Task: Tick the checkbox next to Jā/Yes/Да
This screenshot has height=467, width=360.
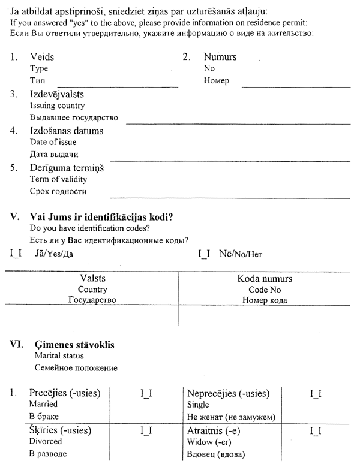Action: point(16,254)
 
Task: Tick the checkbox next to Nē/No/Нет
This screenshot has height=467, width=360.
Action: point(204,254)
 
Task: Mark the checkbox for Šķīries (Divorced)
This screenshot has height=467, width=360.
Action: point(146,430)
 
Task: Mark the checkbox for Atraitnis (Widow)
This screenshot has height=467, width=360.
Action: point(316,430)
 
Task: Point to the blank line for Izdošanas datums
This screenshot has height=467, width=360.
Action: point(230,159)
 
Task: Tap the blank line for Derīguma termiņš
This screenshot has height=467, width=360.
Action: point(230,195)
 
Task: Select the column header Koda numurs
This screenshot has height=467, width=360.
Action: point(265,279)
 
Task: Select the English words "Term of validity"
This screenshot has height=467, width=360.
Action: point(58,179)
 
